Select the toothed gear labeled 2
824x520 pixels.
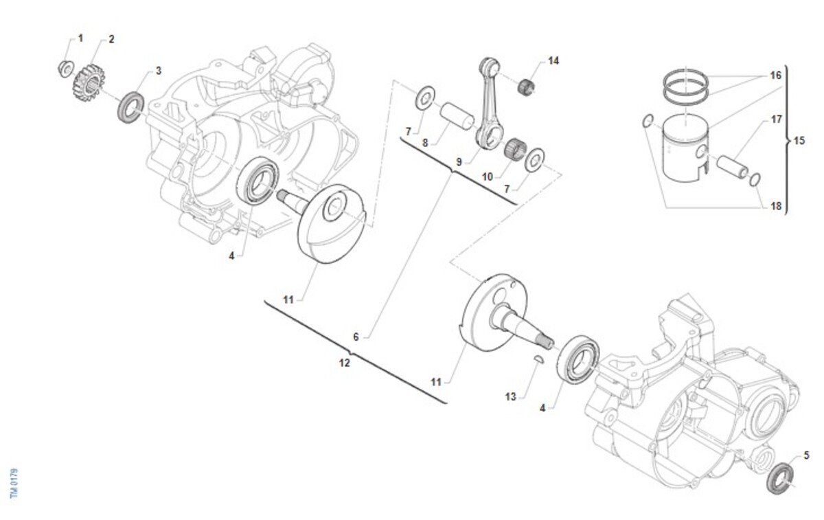[89, 82]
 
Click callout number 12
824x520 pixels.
[345, 363]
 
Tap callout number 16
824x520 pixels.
[775, 75]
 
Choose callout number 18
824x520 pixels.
[775, 206]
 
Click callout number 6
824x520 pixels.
[356, 337]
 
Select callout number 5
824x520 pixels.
[806, 455]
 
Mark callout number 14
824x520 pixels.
[553, 60]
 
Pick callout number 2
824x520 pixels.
[111, 38]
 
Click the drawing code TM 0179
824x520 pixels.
[14, 484]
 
